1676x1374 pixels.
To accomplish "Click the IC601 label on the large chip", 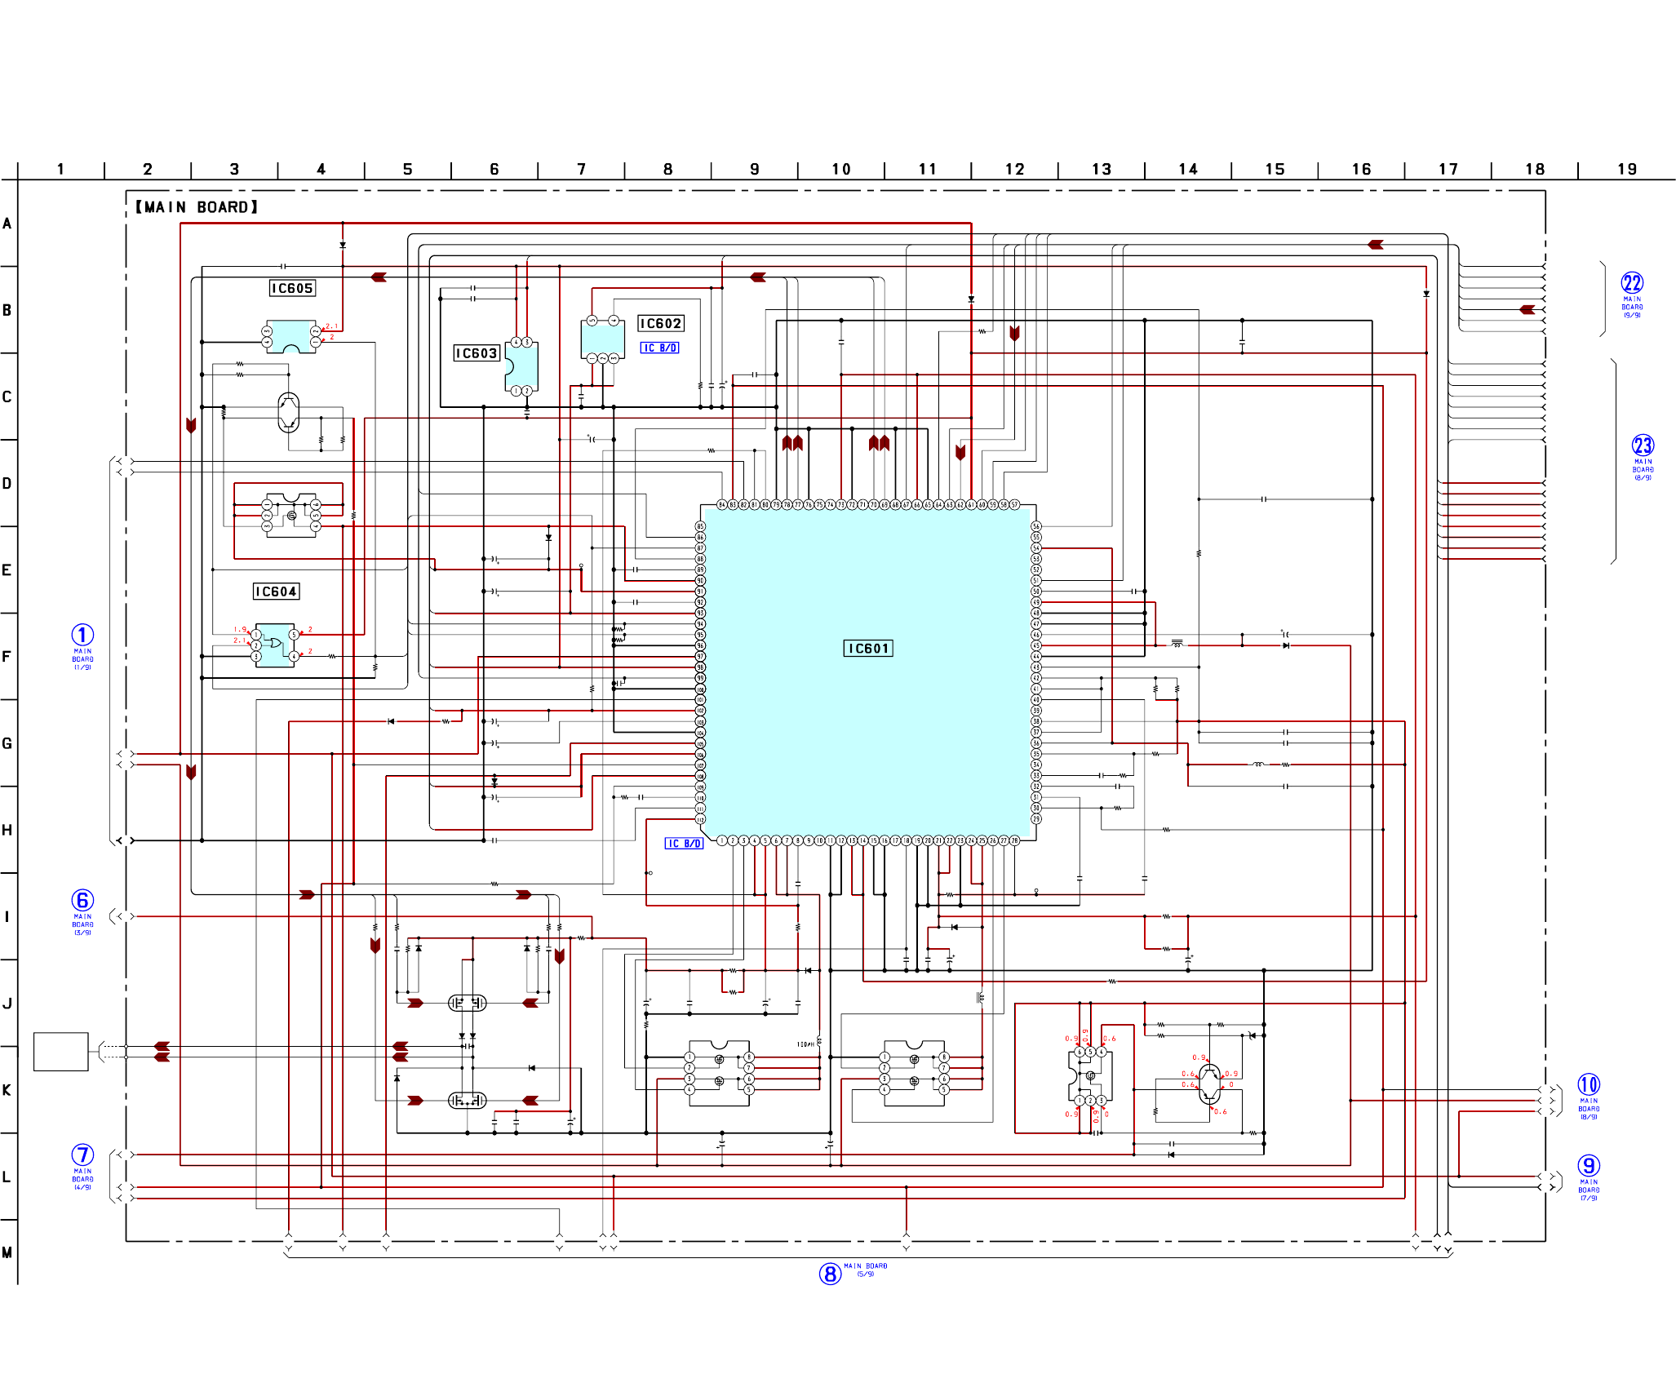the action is coord(867,649).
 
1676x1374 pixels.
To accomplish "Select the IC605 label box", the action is coord(292,288).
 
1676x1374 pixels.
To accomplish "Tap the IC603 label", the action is coord(476,353).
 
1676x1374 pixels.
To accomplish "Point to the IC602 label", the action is coord(660,324).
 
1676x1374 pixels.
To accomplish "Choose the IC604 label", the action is coord(276,592).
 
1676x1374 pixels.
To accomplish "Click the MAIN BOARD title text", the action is coord(197,207).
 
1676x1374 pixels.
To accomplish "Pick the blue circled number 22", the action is coord(1631,283).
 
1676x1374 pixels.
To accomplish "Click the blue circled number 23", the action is coord(1642,445).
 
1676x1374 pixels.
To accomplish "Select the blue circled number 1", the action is coord(82,635).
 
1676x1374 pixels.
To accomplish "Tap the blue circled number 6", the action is coord(82,900).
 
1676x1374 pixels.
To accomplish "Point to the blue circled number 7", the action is coord(82,1155).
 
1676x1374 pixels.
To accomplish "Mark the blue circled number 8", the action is coord(830,1274).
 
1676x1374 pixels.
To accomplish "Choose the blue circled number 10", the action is coord(1588,1084).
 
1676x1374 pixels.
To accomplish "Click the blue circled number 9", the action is coord(1588,1166).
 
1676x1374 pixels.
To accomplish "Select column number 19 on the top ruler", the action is coord(1626,170).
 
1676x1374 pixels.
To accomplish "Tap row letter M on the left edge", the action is coord(7,1252).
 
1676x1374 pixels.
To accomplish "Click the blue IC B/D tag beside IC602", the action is coord(659,348).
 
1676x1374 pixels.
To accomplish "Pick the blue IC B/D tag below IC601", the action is coord(684,844).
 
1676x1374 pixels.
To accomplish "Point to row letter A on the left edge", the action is coord(7,224).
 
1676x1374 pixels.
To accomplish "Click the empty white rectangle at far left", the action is coord(60,1052).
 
